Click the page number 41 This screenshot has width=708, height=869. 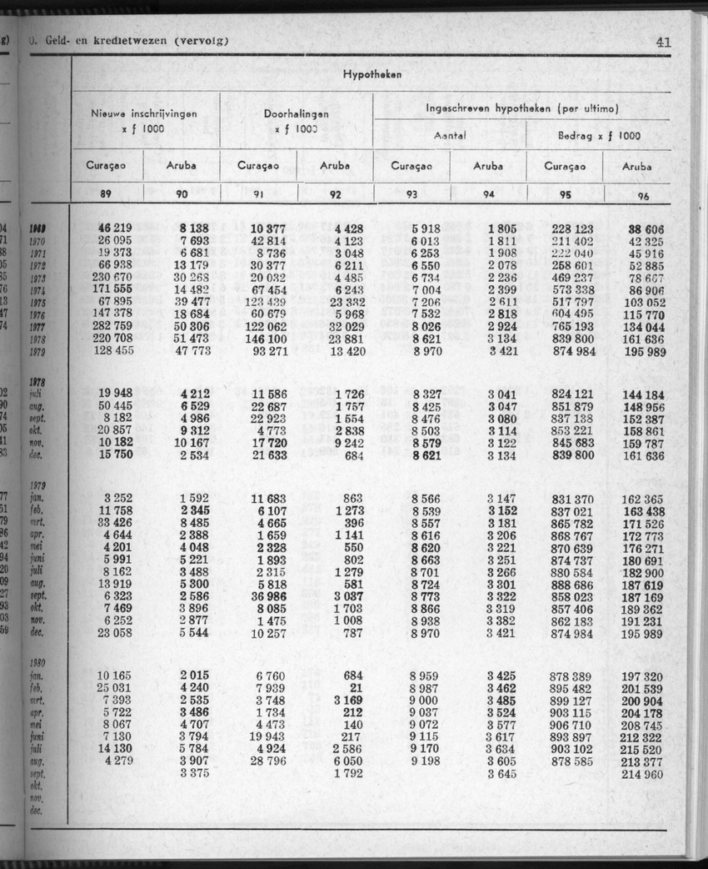tap(664, 43)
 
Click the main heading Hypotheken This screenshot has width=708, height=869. tap(371, 74)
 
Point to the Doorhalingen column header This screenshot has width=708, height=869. tap(296, 114)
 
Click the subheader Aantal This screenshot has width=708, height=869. tap(450, 135)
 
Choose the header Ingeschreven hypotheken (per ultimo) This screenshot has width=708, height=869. tap(522, 108)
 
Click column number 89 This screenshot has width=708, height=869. tap(106, 194)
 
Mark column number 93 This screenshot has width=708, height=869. tap(411, 195)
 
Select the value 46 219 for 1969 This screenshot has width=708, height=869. tap(115, 229)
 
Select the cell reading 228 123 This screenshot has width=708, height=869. tap(572, 229)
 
